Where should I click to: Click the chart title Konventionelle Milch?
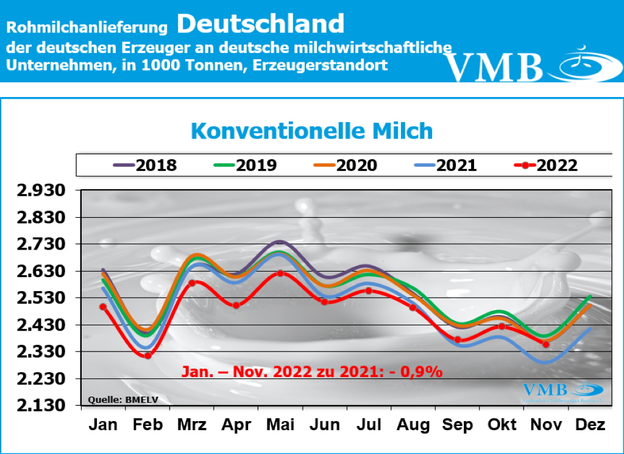pos(311,131)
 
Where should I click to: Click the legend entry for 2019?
pos(245,165)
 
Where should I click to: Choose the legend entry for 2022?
pos(546,165)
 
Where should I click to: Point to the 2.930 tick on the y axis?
pos(42,191)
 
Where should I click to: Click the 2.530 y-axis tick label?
pos(42,298)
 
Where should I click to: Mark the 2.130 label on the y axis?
pos(42,406)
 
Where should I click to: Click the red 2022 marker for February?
pos(147,355)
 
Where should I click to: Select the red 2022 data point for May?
pos(280,273)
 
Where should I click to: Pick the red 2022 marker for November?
pos(546,344)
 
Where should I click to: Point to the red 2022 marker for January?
pos(103,307)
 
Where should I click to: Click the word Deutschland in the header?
pos(261,24)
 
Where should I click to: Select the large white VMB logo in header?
pos(494,67)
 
